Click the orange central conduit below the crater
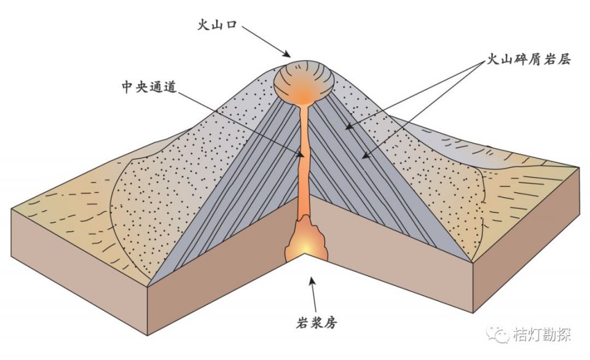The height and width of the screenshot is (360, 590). click(x=304, y=160)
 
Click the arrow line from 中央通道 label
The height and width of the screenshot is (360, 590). click(x=246, y=123)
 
